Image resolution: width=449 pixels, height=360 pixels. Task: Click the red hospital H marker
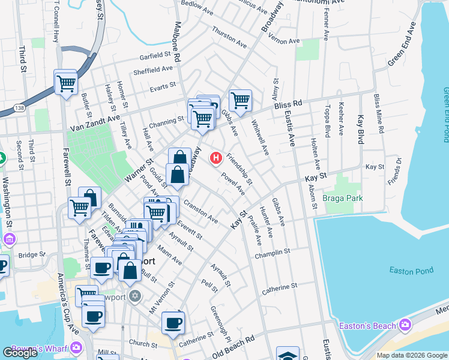point(215,158)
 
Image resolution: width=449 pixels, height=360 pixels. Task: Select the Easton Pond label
point(411,271)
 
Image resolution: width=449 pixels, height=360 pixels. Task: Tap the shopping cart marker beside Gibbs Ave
point(240,100)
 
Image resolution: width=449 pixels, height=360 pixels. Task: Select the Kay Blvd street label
point(361,129)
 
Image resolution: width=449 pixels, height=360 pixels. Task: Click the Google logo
point(20,352)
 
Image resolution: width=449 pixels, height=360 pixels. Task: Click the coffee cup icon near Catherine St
point(173,322)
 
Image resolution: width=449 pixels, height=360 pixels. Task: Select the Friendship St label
point(240,171)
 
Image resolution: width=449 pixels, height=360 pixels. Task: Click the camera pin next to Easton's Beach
point(405,325)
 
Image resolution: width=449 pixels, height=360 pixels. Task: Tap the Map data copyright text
point(411,355)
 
